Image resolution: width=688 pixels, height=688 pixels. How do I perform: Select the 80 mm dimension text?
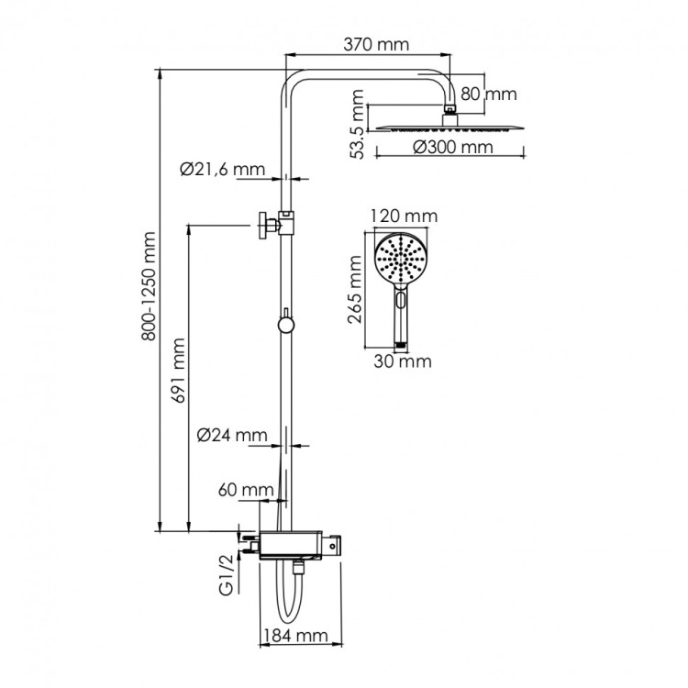click(489, 94)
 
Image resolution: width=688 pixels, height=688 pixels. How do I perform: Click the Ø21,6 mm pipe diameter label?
click(222, 169)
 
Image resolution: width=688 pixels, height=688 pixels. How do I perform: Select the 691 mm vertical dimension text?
click(180, 370)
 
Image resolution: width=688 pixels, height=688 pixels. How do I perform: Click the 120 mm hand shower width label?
click(404, 216)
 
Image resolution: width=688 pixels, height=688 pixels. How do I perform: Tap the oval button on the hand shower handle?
click(400, 298)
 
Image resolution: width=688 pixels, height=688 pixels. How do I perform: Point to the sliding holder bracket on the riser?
click(286, 222)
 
